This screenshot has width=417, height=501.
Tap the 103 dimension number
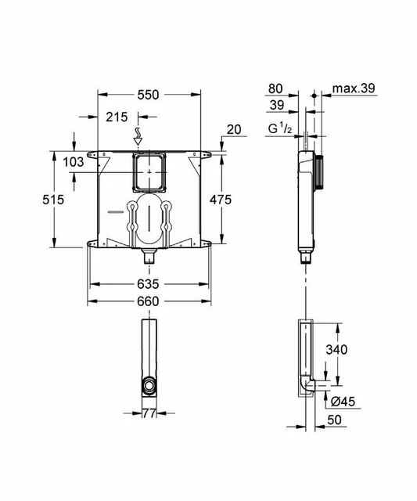pos(74,162)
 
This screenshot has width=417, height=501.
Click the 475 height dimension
pos(220,200)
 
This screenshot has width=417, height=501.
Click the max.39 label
pos(354,89)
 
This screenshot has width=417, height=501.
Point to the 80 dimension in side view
pos(276,88)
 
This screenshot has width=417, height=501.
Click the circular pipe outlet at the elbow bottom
pos(148,385)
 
